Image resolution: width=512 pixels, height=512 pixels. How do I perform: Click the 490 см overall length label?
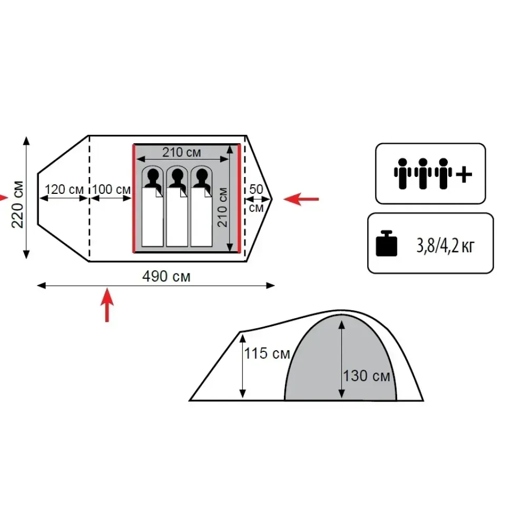tap(166, 276)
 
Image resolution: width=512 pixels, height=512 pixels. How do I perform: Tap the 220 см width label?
tap(17, 204)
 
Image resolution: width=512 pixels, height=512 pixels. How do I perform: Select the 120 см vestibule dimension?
tap(64, 190)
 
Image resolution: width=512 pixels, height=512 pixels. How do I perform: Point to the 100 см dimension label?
tap(111, 190)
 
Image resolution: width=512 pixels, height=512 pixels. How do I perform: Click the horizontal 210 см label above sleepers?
tap(182, 152)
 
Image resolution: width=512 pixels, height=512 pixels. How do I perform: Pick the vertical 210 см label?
tap(222, 208)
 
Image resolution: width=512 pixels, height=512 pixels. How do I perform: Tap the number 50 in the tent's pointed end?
tap(256, 189)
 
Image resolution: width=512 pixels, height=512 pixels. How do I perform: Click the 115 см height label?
tap(267, 353)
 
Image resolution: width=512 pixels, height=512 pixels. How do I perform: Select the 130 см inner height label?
tap(367, 376)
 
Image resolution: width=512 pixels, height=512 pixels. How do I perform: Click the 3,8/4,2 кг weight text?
tap(445, 246)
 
